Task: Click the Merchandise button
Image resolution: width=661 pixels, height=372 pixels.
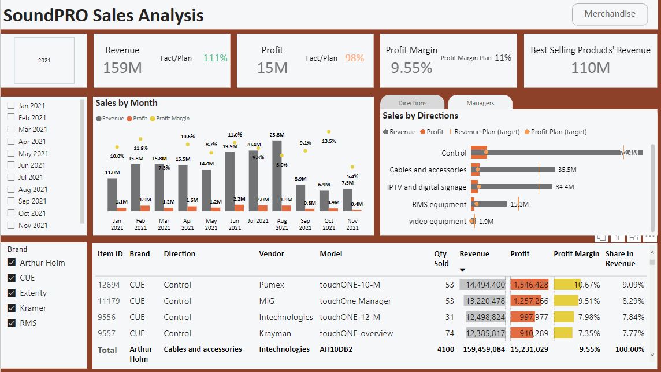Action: (610, 14)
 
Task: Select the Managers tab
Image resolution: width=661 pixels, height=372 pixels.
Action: (480, 103)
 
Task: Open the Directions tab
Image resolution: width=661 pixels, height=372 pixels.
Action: (412, 103)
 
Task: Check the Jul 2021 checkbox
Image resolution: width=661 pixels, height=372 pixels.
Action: (11, 178)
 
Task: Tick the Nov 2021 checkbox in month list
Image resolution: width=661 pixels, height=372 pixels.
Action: (11, 226)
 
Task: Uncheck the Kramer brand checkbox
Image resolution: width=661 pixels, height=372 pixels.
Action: (12, 308)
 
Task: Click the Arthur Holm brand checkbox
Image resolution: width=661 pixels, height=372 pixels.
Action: (12, 263)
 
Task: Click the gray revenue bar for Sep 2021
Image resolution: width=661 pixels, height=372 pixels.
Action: (300, 197)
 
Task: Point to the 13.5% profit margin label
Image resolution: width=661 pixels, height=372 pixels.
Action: (329, 141)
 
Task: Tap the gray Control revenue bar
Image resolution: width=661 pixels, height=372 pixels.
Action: (555, 153)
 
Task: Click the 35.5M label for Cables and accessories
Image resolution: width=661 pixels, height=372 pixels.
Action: (567, 170)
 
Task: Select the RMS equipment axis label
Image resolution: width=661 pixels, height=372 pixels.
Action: (439, 204)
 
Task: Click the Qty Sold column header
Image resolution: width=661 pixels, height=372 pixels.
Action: (441, 259)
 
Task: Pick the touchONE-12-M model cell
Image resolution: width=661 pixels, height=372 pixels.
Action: (350, 317)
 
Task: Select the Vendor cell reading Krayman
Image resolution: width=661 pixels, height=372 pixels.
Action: (275, 333)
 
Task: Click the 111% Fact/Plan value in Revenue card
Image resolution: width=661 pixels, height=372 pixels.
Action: (215, 58)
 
